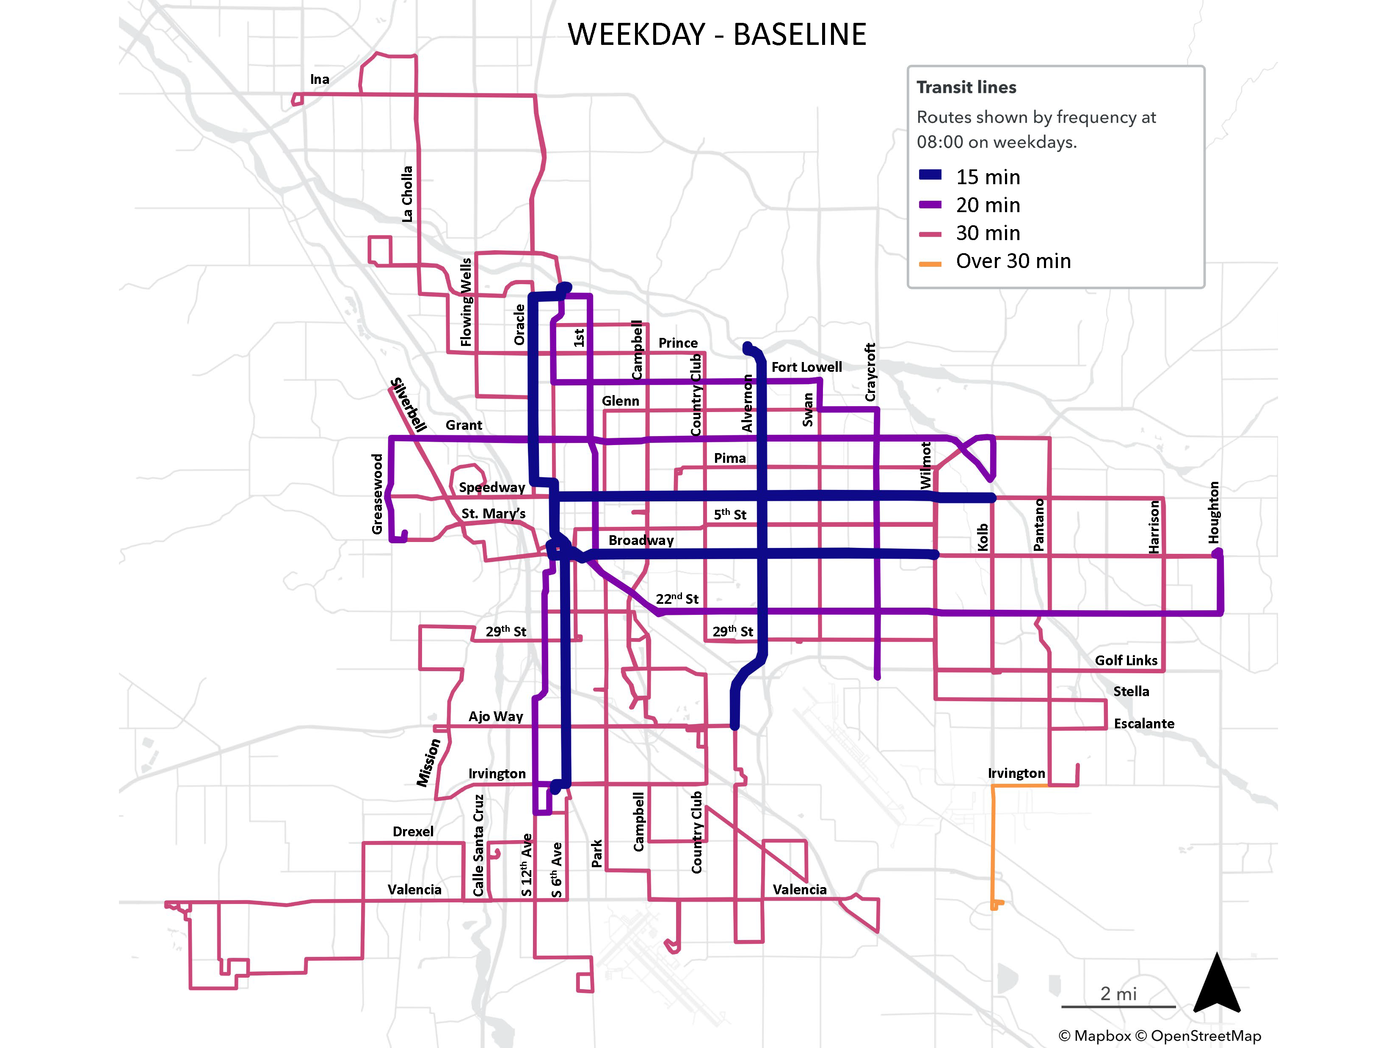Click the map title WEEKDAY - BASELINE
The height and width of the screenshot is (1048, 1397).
tap(716, 34)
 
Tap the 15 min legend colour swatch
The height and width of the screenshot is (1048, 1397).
tap(930, 175)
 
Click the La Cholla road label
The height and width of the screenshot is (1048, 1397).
tap(407, 194)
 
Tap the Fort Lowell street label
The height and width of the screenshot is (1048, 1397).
tap(806, 367)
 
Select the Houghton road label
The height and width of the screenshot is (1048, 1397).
tap(1213, 512)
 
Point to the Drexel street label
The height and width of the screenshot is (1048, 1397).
tap(413, 831)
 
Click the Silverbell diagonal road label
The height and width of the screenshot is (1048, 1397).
tap(408, 404)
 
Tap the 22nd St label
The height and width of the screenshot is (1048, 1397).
tap(676, 598)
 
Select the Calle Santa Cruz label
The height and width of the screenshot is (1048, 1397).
tap(479, 845)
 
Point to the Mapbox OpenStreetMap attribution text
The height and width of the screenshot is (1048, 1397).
tap(1159, 1035)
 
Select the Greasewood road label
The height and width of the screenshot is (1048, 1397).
tap(377, 494)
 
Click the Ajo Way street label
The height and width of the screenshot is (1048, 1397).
tap(495, 716)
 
